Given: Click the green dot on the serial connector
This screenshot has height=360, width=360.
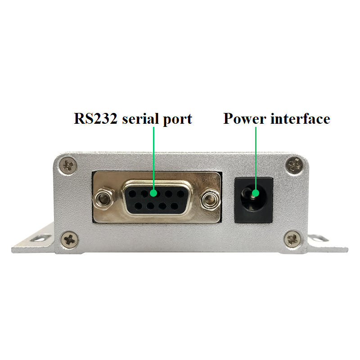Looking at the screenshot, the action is pos(154,193).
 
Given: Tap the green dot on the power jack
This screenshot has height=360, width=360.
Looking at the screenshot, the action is pos(255,193).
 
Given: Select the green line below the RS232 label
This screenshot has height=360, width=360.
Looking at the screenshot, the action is pos(154,157).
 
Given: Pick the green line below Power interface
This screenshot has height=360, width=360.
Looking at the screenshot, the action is pos(255,157).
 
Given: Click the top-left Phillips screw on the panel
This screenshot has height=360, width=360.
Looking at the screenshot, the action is pos(69,165).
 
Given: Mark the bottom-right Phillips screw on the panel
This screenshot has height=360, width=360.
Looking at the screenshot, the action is pos(294,239).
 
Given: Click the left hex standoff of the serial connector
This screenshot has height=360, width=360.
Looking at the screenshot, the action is pos(104,198).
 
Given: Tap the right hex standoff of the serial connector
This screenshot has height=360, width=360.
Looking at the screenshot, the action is pos(207,198).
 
